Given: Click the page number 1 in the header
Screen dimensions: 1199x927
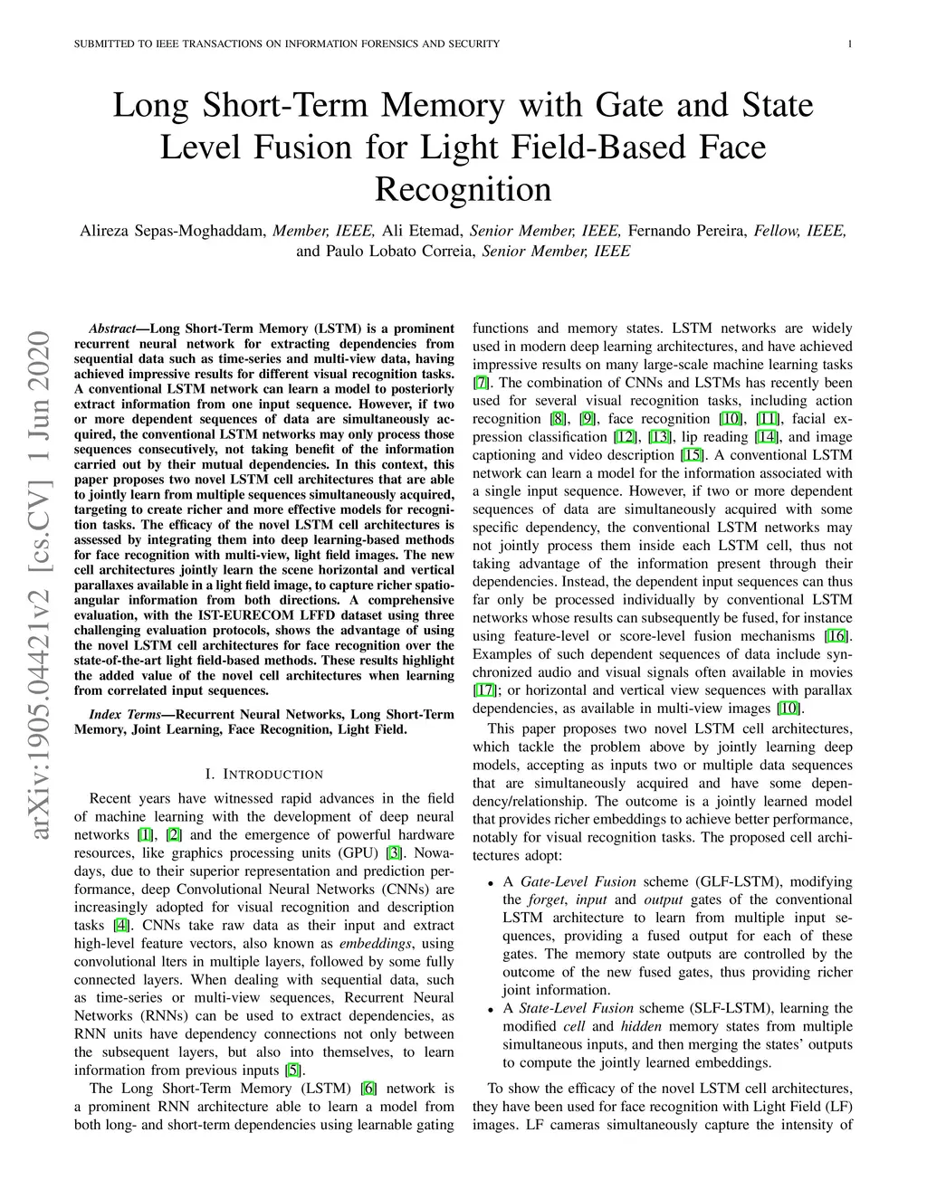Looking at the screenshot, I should (852, 44).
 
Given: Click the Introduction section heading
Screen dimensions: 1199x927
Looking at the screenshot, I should (264, 775).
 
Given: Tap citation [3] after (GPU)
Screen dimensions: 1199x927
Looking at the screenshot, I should (394, 852).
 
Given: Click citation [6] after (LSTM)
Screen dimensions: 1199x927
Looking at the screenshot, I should (368, 1089).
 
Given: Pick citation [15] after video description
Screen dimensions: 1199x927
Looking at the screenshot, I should (692, 455).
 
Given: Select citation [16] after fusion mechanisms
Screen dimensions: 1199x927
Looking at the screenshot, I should (836, 636).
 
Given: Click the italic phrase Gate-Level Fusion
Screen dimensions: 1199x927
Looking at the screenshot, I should (578, 881).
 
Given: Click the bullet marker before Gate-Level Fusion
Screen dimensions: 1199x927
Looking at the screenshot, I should (490, 883).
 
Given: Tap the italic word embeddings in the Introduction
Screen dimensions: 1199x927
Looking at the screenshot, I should (371, 944).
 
